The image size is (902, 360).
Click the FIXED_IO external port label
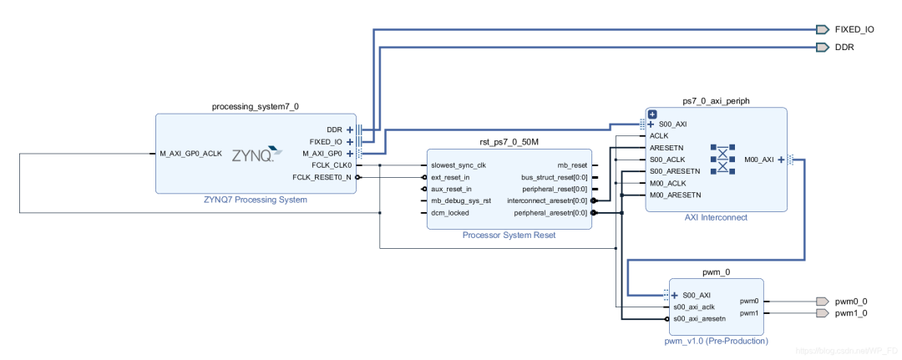click(x=854, y=29)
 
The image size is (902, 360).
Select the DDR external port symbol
click(x=822, y=48)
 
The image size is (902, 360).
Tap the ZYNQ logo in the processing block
click(x=253, y=155)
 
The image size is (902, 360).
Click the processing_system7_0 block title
click(x=255, y=106)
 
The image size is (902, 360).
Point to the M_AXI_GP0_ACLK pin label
click(x=190, y=154)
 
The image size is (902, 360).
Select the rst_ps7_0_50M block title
click(x=508, y=142)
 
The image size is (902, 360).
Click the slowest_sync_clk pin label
click(x=458, y=165)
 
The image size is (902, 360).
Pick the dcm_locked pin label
click(x=450, y=212)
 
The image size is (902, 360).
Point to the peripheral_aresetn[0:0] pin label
click(x=548, y=212)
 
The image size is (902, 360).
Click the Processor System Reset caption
click(x=509, y=235)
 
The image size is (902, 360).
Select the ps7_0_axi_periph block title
click(x=716, y=100)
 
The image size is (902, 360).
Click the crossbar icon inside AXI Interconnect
click(x=722, y=159)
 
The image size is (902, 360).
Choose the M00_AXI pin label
click(x=758, y=160)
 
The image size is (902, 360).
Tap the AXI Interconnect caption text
click(x=716, y=217)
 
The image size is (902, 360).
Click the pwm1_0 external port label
click(x=852, y=313)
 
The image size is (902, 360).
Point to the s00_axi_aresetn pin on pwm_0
click(x=700, y=318)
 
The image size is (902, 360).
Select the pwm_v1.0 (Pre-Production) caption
click(x=717, y=341)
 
